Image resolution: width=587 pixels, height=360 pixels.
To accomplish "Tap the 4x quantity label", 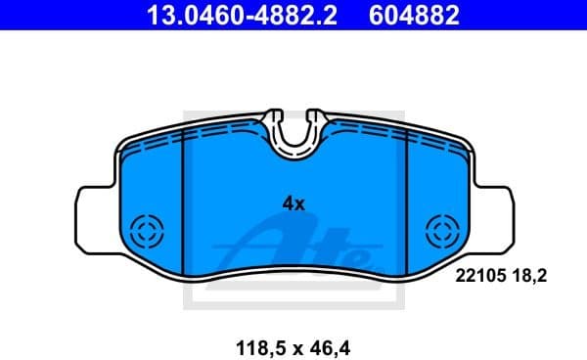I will [x=293, y=204].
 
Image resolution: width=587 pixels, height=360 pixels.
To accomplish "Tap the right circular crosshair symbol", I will [x=443, y=233].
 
